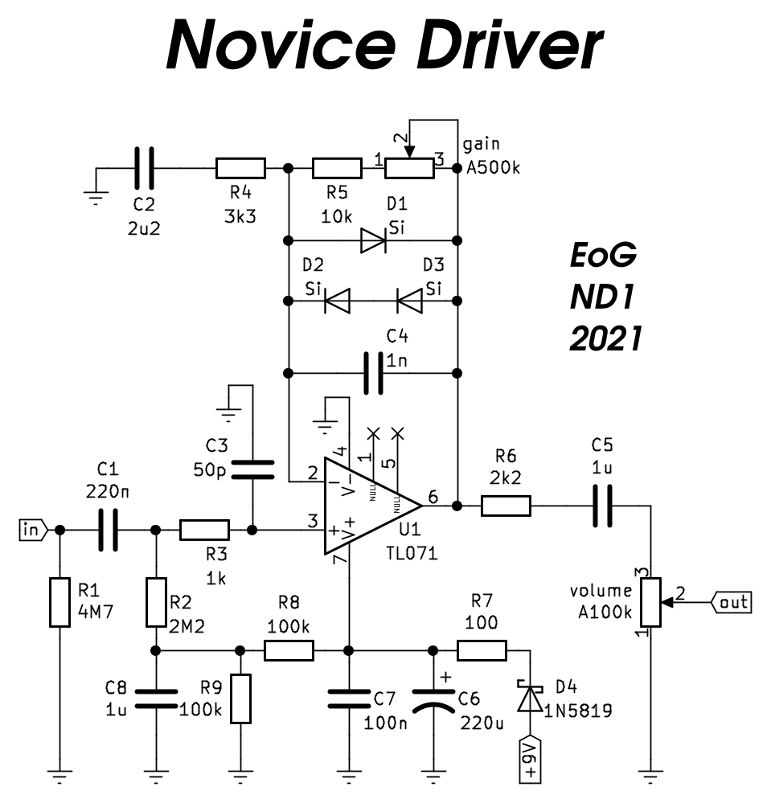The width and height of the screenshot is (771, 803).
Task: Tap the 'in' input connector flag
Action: tap(32, 530)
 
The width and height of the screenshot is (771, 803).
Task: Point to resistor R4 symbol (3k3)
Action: tap(240, 168)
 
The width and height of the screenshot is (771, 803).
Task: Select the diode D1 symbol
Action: tap(374, 240)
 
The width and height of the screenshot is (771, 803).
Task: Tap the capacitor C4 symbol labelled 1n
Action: tap(373, 373)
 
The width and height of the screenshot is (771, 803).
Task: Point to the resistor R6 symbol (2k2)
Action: tap(506, 506)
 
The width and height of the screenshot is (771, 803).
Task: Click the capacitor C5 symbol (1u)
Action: tap(602, 506)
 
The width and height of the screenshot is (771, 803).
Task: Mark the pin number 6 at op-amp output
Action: tap(433, 498)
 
